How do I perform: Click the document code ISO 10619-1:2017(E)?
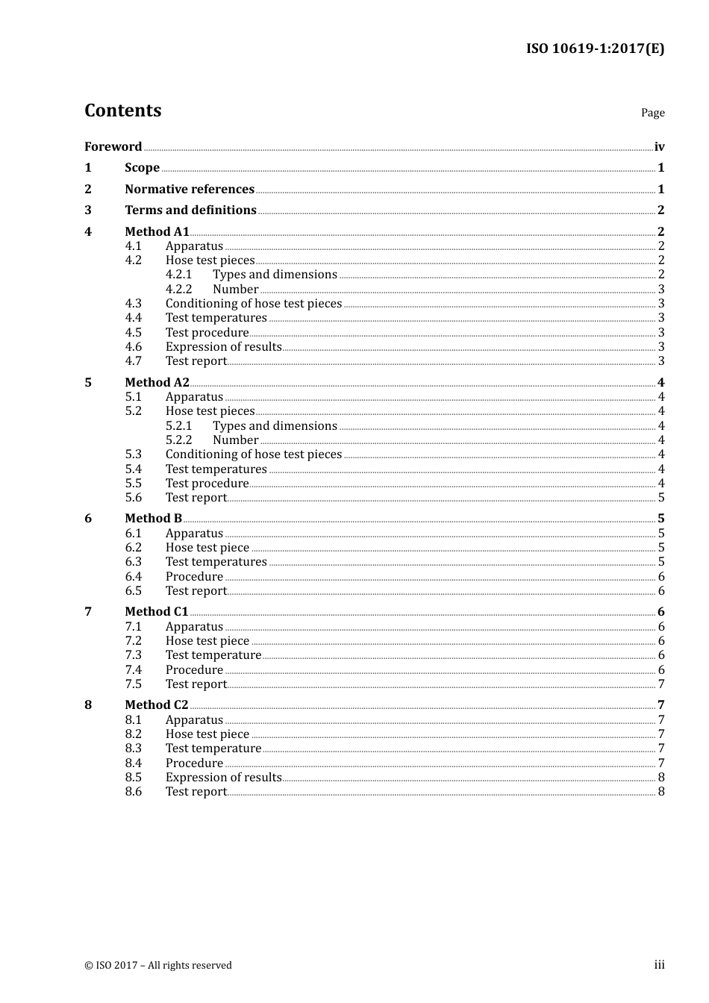(x=595, y=49)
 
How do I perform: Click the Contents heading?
(x=122, y=110)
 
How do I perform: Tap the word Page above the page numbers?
(x=652, y=113)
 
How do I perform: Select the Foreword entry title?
(x=113, y=146)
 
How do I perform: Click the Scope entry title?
(x=142, y=168)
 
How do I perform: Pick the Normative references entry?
(x=190, y=190)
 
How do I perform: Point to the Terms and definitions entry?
(x=190, y=210)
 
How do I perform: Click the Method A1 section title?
(x=157, y=231)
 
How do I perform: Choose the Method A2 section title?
(x=157, y=383)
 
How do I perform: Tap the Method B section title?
(x=153, y=519)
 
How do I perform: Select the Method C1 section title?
(x=156, y=612)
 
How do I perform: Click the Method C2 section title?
(x=156, y=705)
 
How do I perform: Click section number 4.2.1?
(x=178, y=275)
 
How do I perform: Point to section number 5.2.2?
(x=178, y=440)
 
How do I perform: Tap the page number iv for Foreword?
(x=659, y=147)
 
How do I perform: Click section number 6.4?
(x=133, y=577)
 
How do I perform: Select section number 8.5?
(x=133, y=778)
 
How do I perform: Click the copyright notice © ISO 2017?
(x=157, y=966)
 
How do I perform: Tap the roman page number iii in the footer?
(x=659, y=965)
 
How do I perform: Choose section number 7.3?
(x=133, y=655)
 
